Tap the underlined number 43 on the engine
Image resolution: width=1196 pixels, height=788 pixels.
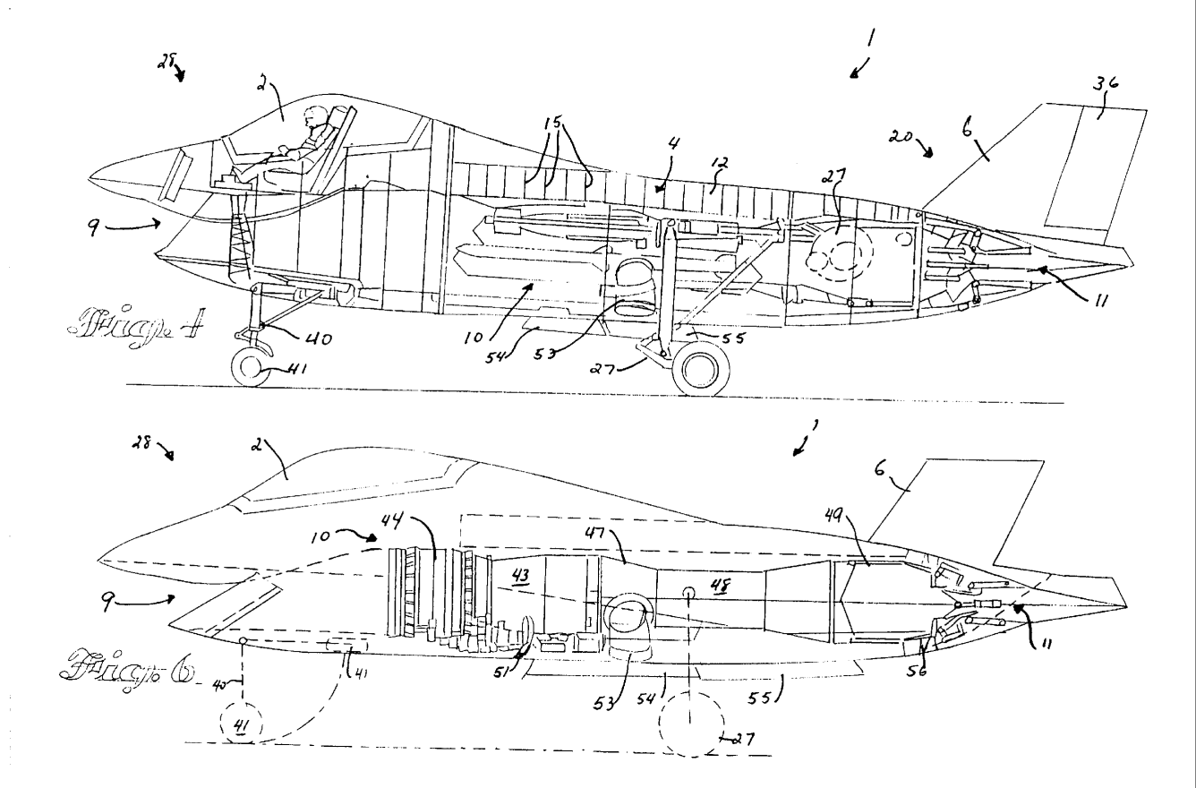coord(519,578)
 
